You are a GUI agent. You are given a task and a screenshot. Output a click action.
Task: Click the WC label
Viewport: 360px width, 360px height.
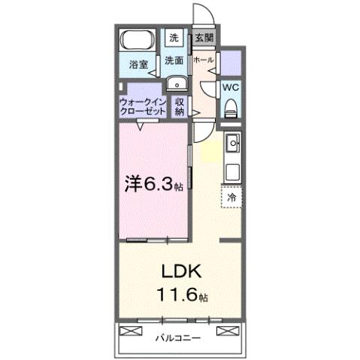(x=231, y=86)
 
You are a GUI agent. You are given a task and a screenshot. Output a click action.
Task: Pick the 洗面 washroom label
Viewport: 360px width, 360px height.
(x=174, y=59)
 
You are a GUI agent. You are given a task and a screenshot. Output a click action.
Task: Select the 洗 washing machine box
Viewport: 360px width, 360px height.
(x=174, y=37)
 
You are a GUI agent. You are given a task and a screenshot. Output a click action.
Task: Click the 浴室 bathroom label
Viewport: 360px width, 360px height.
(x=136, y=64)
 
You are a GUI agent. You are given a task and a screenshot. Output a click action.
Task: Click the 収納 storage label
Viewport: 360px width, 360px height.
(x=180, y=105)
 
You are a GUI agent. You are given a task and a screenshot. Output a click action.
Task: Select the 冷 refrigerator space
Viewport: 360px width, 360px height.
(x=231, y=197)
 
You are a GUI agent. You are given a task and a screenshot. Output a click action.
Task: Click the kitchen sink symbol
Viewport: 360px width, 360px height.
(x=232, y=142)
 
